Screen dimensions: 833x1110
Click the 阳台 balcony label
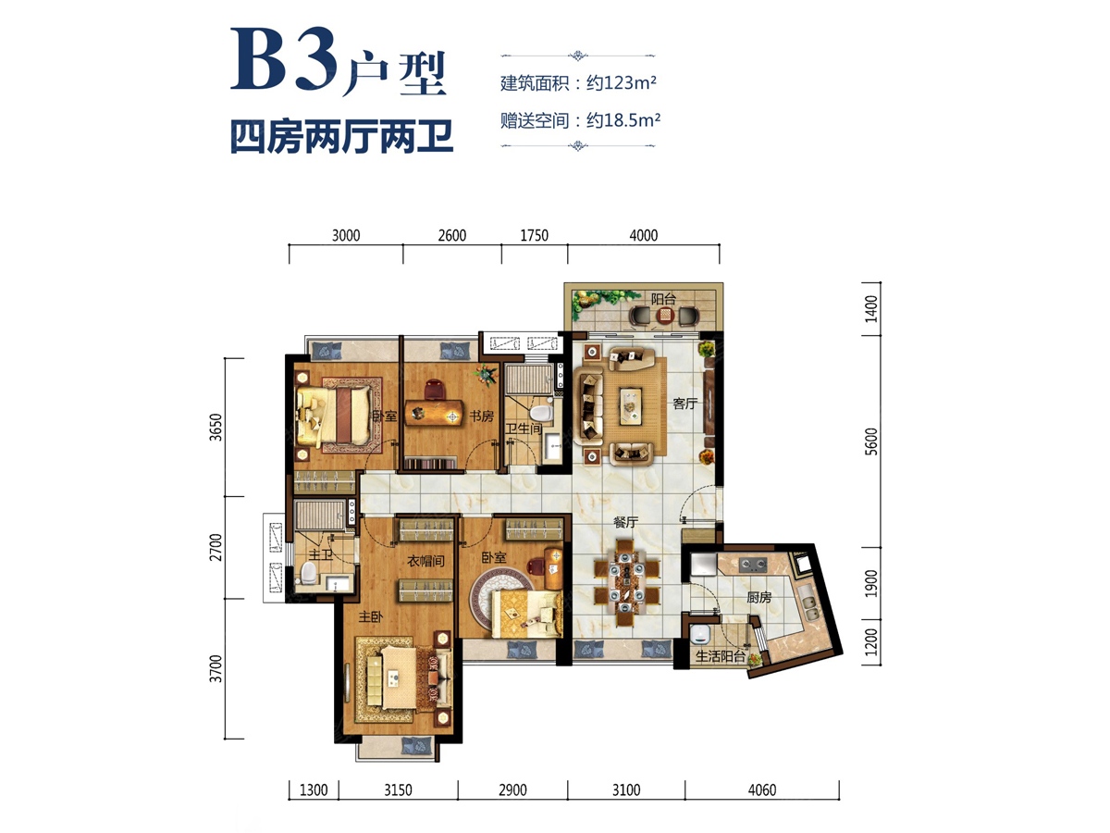(x=662, y=299)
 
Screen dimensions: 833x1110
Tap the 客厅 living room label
(x=684, y=404)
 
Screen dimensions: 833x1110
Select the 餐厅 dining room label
(x=626, y=522)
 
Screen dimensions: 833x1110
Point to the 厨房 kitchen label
(x=759, y=598)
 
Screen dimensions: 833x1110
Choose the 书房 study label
(x=481, y=416)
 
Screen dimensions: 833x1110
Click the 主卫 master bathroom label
(x=321, y=555)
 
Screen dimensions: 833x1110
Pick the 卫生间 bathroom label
(x=523, y=428)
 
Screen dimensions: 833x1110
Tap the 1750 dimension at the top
(x=534, y=236)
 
